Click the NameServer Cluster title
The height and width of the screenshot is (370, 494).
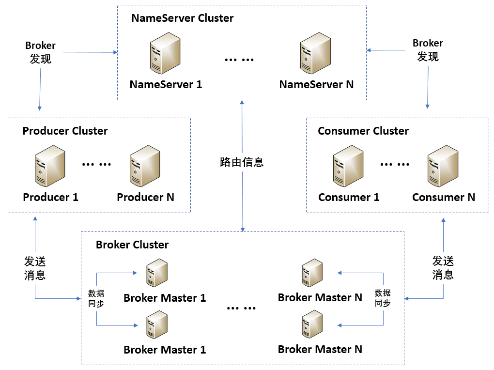(182, 18)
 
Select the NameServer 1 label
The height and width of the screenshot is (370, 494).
(166, 84)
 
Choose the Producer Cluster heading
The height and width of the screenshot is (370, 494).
(65, 131)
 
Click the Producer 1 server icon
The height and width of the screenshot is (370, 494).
(50, 169)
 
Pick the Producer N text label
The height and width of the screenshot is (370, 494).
(145, 197)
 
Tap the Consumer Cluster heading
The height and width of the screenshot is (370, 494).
(363, 131)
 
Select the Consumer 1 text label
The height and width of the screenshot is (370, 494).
(349, 197)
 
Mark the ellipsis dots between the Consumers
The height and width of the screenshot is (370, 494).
(394, 164)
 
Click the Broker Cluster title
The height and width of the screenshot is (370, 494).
(132, 245)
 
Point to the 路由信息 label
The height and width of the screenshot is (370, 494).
(242, 162)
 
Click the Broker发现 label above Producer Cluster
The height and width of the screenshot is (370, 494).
(41, 52)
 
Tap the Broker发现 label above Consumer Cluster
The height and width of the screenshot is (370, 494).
(428, 50)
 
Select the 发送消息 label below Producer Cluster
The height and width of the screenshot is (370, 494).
(35, 268)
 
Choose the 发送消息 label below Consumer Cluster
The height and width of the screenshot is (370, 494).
(443, 268)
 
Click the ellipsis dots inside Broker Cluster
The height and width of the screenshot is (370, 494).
(240, 308)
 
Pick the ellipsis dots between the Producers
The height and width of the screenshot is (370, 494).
(96, 164)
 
